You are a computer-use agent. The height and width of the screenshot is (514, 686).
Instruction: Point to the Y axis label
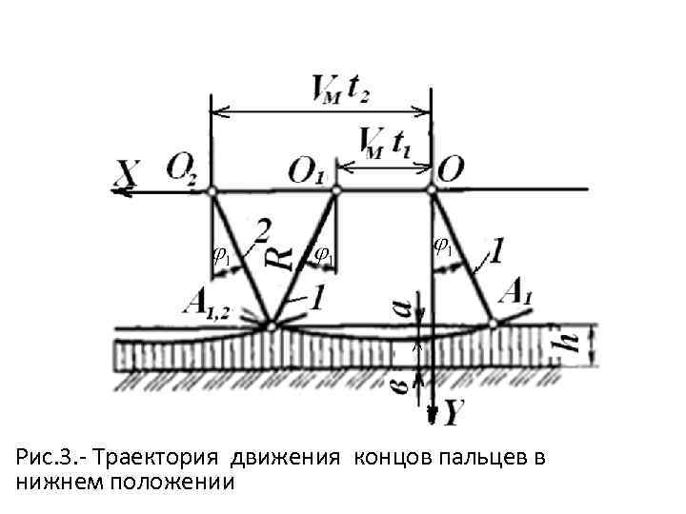pyautogui.click(x=454, y=412)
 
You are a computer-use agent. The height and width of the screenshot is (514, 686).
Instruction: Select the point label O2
pyautogui.click(x=182, y=169)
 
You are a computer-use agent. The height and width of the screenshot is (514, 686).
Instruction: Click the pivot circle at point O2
pyautogui.click(x=212, y=190)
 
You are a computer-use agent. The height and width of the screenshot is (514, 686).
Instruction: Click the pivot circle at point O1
pyautogui.click(x=335, y=190)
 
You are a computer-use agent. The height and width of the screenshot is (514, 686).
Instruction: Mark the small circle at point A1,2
pyautogui.click(x=272, y=326)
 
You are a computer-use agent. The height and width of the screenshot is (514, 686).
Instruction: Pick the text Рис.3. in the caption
pyautogui.click(x=42, y=459)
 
